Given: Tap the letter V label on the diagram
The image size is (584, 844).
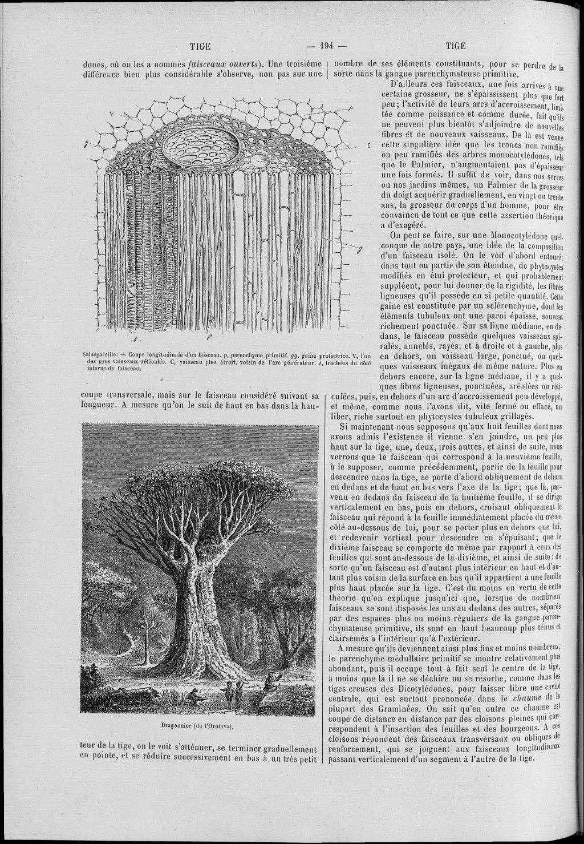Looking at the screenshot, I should coord(112,114).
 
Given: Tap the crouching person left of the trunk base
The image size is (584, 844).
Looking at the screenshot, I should coord(194,696).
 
